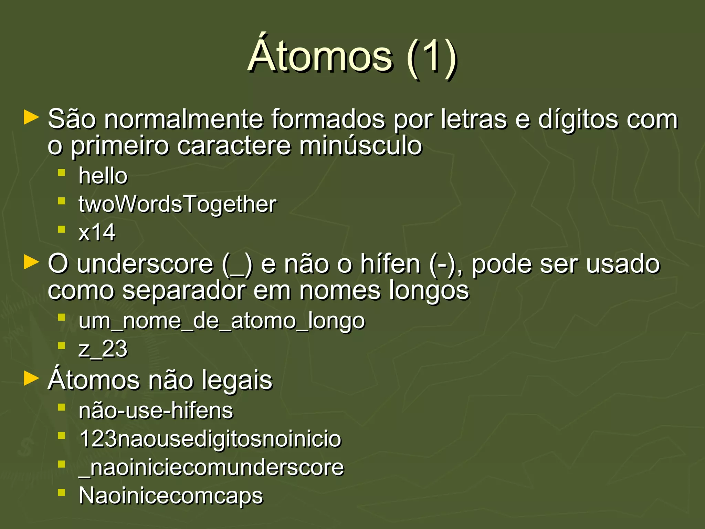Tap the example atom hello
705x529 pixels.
coord(103,176)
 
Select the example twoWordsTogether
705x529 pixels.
coord(177,204)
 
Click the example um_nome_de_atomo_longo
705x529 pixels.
coord(221,321)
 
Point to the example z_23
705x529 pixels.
coord(103,349)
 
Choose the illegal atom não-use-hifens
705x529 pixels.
coord(156,411)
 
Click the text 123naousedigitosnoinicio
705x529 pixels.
coord(210,439)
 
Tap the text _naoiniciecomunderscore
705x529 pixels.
coord(211,468)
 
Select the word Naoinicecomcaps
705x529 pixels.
coord(171,496)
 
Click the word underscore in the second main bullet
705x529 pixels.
coord(145,264)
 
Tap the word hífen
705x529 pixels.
coord(390,264)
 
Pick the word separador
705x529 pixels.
coord(184,291)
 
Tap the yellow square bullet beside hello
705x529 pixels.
coord(62,173)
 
